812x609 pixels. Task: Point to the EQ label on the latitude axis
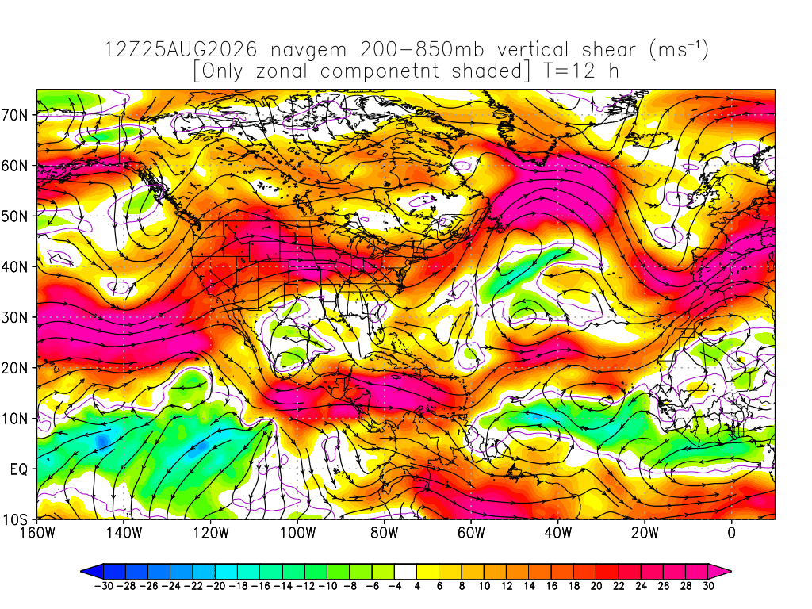click(19, 469)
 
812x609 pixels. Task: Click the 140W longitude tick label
click(124, 533)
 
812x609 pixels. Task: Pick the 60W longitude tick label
click(471, 533)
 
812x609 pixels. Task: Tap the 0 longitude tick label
click(732, 533)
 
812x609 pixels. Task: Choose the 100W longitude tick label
click(298, 533)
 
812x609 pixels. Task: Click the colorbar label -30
click(104, 586)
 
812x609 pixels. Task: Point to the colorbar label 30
click(708, 586)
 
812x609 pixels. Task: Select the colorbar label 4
click(417, 586)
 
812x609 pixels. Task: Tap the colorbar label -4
click(395, 586)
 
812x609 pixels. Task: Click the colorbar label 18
click(574, 586)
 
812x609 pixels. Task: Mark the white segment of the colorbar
click(405, 572)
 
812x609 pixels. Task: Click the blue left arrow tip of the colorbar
click(82, 572)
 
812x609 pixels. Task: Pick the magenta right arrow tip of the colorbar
click(730, 572)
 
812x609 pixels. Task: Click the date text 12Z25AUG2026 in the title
click(181, 50)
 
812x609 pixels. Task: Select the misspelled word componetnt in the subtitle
click(380, 71)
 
